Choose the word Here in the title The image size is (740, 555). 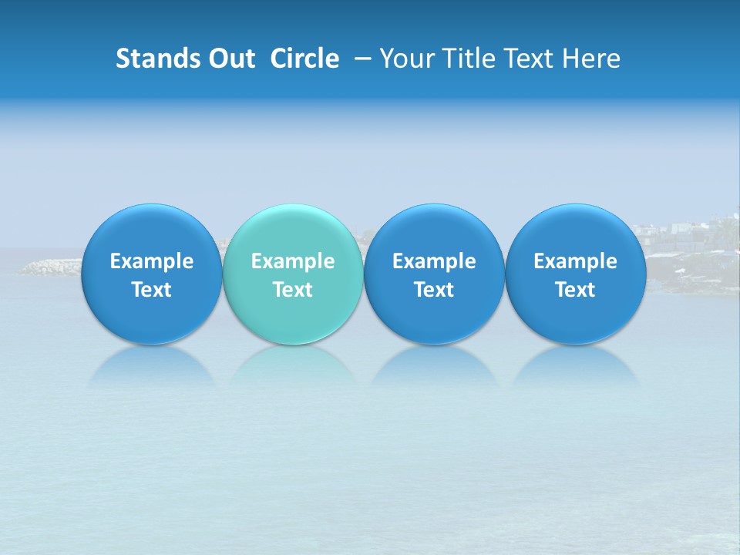coord(591,59)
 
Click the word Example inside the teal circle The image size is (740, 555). coord(293,261)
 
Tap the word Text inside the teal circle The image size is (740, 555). coord(293,290)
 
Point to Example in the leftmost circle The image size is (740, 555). coord(151,261)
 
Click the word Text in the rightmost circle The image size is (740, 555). coord(575,290)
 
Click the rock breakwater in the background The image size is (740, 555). coord(50,267)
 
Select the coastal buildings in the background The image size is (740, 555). coord(686,235)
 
